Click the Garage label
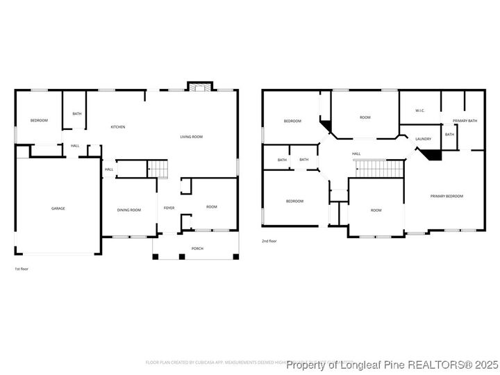pos(58,208)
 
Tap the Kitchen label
pos(118,127)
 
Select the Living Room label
pos(191,137)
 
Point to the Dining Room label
pos(128,210)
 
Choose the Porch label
pos(197,248)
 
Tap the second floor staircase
pos(379,168)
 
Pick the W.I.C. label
pos(419,111)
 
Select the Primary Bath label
pos(465,121)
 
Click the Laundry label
pos(424,139)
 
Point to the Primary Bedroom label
pos(447,197)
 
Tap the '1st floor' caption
pos(22,269)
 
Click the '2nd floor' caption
pos(269,241)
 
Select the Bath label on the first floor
pos(76,114)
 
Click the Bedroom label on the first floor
pos(39,121)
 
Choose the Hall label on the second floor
pos(356,154)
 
